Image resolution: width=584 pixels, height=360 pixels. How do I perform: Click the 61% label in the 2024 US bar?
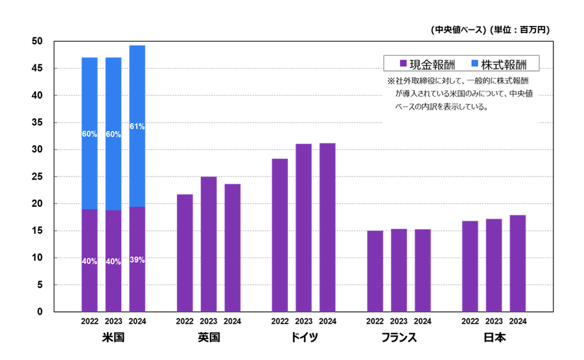(x=137, y=126)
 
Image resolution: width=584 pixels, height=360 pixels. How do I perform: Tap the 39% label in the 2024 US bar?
(x=137, y=260)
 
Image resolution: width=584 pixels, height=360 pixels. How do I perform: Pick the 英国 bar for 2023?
(x=208, y=244)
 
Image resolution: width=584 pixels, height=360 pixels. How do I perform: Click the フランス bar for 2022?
(x=375, y=271)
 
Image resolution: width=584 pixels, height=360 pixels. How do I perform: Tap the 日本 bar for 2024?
(x=517, y=263)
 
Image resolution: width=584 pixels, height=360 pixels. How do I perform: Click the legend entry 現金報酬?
(x=428, y=64)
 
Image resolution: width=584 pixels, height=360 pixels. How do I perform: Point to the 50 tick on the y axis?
(x=37, y=42)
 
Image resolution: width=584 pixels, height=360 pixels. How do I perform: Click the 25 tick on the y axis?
(x=37, y=176)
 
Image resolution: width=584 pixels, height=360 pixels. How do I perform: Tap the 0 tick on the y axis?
(x=40, y=312)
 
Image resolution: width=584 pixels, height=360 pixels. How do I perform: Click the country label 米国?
(x=113, y=338)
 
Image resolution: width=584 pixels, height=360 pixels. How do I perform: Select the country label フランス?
(x=399, y=338)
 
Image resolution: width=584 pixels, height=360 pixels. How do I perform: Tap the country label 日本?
(x=494, y=338)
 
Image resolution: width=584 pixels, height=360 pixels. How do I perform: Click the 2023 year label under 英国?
(x=208, y=321)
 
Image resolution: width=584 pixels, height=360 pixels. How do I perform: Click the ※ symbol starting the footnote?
(x=391, y=82)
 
